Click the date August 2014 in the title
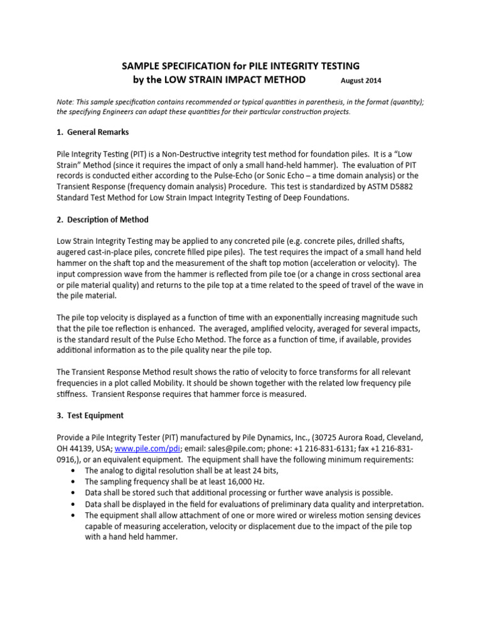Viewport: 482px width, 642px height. pyautogui.click(x=360, y=81)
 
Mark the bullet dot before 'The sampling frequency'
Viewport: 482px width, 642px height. pyautogui.click(x=76, y=481)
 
